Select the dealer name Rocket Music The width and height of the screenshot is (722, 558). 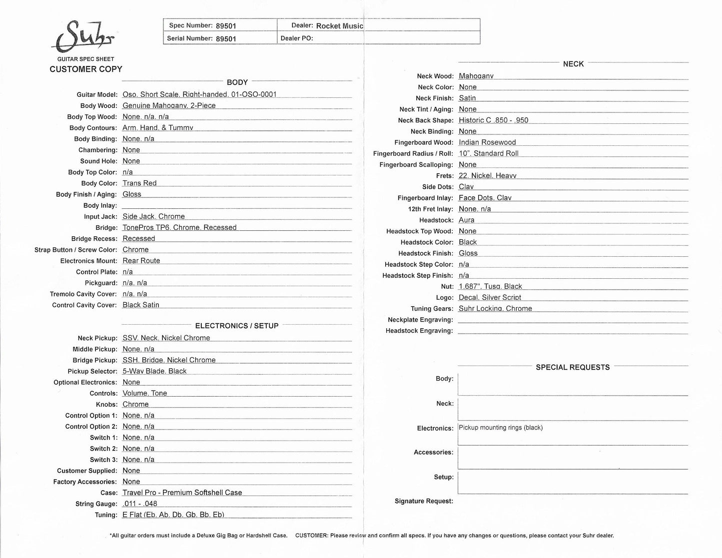(x=340, y=26)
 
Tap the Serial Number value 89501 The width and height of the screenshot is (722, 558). (x=226, y=38)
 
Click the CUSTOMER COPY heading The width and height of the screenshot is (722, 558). (x=86, y=69)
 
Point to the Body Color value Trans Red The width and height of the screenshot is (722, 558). (x=139, y=183)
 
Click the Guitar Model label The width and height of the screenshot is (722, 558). (x=97, y=94)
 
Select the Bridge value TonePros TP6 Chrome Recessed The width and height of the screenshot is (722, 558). (x=179, y=227)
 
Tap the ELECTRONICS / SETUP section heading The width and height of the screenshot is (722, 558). (x=237, y=326)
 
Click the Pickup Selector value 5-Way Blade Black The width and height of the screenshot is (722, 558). (x=154, y=371)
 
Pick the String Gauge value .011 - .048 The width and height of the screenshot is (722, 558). (x=140, y=504)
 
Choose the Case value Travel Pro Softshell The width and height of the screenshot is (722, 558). (x=182, y=493)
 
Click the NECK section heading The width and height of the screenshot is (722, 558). (x=573, y=64)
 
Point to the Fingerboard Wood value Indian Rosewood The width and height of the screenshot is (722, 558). (x=487, y=142)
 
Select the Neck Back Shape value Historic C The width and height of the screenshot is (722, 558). (x=493, y=120)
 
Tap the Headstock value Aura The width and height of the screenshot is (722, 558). (x=467, y=220)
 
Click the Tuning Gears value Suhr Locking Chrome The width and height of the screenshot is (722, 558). (x=495, y=309)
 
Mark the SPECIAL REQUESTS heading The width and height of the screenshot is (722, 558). (x=573, y=367)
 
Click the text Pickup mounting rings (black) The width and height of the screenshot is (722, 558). (x=501, y=428)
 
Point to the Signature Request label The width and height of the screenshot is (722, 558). (x=424, y=501)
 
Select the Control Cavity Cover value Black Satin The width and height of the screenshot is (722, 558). (x=141, y=305)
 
